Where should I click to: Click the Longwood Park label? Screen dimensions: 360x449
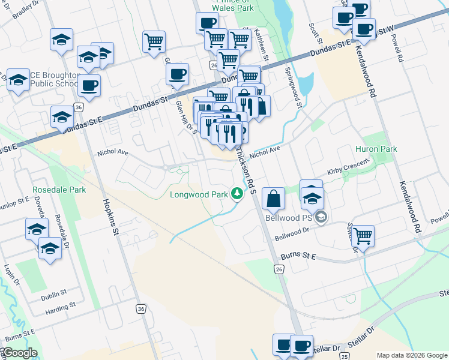pos(198,194)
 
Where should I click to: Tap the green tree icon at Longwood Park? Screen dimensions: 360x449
pos(238,193)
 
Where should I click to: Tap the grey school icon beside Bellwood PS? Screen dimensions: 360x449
pos(322,217)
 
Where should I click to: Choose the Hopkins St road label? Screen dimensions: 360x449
pos(113,212)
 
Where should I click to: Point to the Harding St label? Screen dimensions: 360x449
pos(61,313)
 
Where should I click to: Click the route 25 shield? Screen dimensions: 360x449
pos(345,356)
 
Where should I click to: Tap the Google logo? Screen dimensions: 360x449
pos(19,353)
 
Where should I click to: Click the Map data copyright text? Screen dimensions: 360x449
pos(411,355)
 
